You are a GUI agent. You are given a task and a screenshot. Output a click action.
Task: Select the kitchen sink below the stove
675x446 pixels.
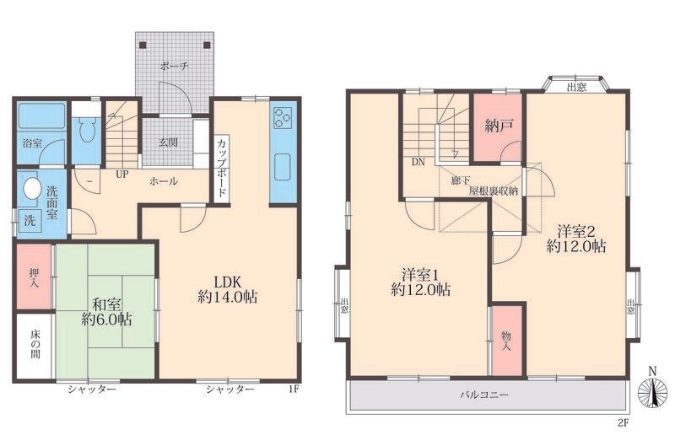point(283,167)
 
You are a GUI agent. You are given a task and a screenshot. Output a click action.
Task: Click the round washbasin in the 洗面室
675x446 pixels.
point(31,188)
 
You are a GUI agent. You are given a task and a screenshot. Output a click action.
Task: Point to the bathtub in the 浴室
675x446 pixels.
point(41,116)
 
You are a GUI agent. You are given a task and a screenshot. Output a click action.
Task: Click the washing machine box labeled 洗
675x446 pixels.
point(30,221)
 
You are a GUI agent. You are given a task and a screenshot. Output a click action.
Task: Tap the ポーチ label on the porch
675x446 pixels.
point(174,67)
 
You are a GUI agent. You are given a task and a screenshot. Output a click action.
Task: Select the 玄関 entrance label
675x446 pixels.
point(168,142)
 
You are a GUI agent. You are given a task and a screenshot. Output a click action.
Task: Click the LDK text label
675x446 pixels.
point(227,282)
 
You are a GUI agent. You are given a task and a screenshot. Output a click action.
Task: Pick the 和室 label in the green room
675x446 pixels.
point(107,304)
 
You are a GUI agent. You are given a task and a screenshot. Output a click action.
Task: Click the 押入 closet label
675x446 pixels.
point(34,277)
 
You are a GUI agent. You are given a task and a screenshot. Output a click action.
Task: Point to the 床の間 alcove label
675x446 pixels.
point(35,344)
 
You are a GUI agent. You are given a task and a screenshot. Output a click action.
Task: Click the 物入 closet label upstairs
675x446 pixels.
point(506,341)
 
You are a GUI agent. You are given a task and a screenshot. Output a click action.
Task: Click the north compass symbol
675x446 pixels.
point(652,391)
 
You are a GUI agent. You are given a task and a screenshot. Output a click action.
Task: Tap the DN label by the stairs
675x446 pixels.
point(418,162)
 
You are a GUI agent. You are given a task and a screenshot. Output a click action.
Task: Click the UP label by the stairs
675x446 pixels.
point(121,175)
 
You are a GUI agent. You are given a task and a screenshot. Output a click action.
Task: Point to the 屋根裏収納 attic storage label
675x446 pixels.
point(494,190)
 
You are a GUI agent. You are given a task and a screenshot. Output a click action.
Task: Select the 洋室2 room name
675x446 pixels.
point(576,232)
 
